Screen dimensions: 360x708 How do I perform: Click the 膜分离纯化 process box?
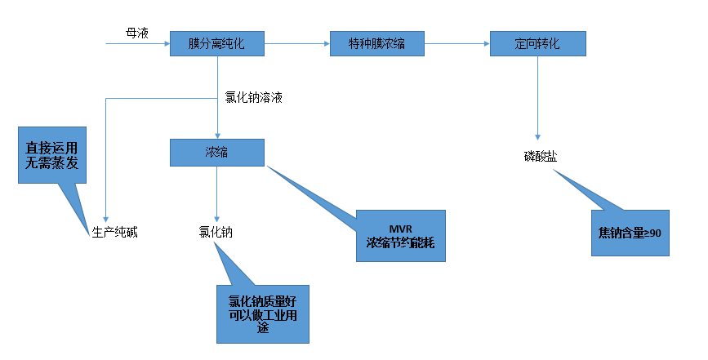click(x=217, y=43)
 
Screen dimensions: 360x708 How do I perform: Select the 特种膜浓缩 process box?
click(x=377, y=43)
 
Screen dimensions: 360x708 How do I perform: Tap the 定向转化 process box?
click(x=537, y=43)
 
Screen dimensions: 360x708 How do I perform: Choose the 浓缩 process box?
click(x=217, y=152)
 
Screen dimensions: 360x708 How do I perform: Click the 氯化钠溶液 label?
click(x=254, y=97)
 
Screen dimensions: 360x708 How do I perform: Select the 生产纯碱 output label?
click(x=114, y=232)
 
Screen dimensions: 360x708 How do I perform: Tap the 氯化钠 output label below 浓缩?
click(x=216, y=232)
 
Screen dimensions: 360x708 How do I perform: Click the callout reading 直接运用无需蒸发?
click(x=51, y=155)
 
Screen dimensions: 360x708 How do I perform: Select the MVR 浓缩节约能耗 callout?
click(x=401, y=235)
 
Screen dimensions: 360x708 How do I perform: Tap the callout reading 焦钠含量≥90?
click(x=630, y=233)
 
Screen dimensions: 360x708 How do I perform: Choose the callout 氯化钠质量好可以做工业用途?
click(x=263, y=313)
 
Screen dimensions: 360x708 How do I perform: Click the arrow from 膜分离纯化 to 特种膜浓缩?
click(x=297, y=43)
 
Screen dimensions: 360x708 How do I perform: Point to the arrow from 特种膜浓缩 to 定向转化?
click(x=457, y=43)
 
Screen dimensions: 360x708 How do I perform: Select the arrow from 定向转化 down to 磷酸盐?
click(x=537, y=98)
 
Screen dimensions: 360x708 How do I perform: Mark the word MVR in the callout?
click(x=401, y=227)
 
